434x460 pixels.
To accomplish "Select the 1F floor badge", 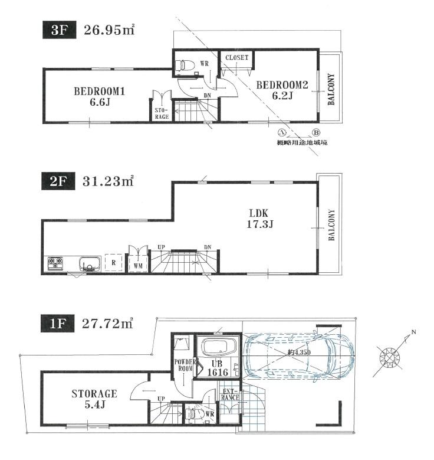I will coord(58,323).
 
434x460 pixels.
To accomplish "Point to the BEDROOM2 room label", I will coord(282,90).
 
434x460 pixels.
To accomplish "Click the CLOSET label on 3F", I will coord(237,58).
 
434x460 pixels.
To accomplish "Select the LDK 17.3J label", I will coord(260,218).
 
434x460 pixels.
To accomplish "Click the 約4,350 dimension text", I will coord(298,353).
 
